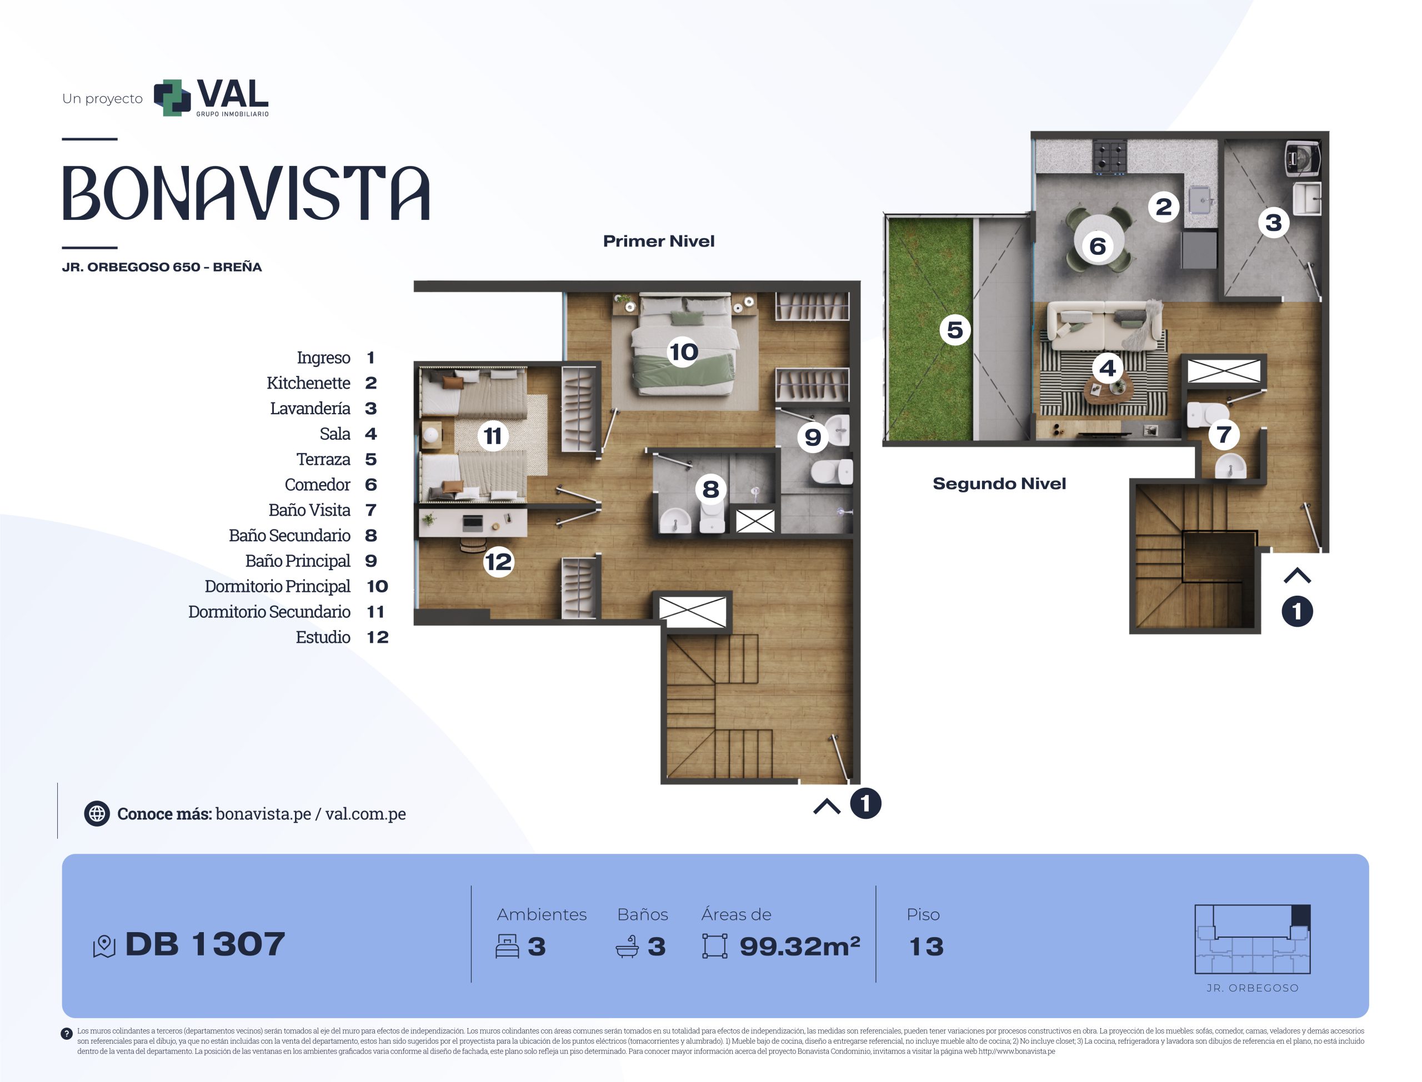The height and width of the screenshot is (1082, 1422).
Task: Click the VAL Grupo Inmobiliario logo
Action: pos(211,98)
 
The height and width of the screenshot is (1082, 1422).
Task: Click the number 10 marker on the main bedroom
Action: pos(683,351)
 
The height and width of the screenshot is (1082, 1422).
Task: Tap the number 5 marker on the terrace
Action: pos(955,330)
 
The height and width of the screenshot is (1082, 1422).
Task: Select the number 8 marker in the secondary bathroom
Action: pos(710,490)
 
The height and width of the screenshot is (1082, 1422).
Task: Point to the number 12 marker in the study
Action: pos(498,562)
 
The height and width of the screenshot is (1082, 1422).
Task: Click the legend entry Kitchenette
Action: pos(309,383)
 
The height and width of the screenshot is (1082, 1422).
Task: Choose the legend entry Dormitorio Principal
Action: pos(278,587)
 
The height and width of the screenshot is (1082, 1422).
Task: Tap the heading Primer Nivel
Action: pos(658,241)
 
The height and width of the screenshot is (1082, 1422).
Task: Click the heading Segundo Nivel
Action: pos(999,484)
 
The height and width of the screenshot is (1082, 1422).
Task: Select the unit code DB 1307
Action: pos(205,944)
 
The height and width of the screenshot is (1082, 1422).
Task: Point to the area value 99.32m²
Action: pos(799,946)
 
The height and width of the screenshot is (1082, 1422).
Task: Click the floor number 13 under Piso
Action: pos(926,947)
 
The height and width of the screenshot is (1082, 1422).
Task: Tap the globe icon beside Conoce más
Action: pos(97,813)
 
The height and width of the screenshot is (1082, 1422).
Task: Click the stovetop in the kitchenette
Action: pos(1109,157)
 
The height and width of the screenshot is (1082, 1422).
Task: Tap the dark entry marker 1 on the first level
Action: pos(865,803)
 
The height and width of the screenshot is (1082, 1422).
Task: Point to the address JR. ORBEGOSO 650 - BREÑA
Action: pos(162,267)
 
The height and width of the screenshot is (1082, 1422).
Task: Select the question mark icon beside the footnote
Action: pos(66,1034)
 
